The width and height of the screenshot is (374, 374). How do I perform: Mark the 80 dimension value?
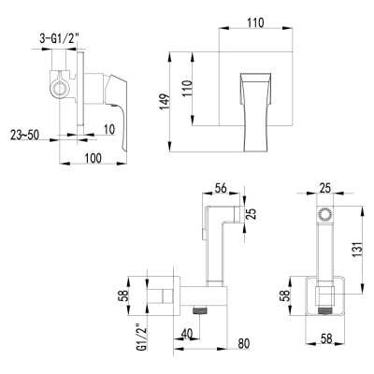242,342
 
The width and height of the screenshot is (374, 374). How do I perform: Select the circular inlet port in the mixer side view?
62,90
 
